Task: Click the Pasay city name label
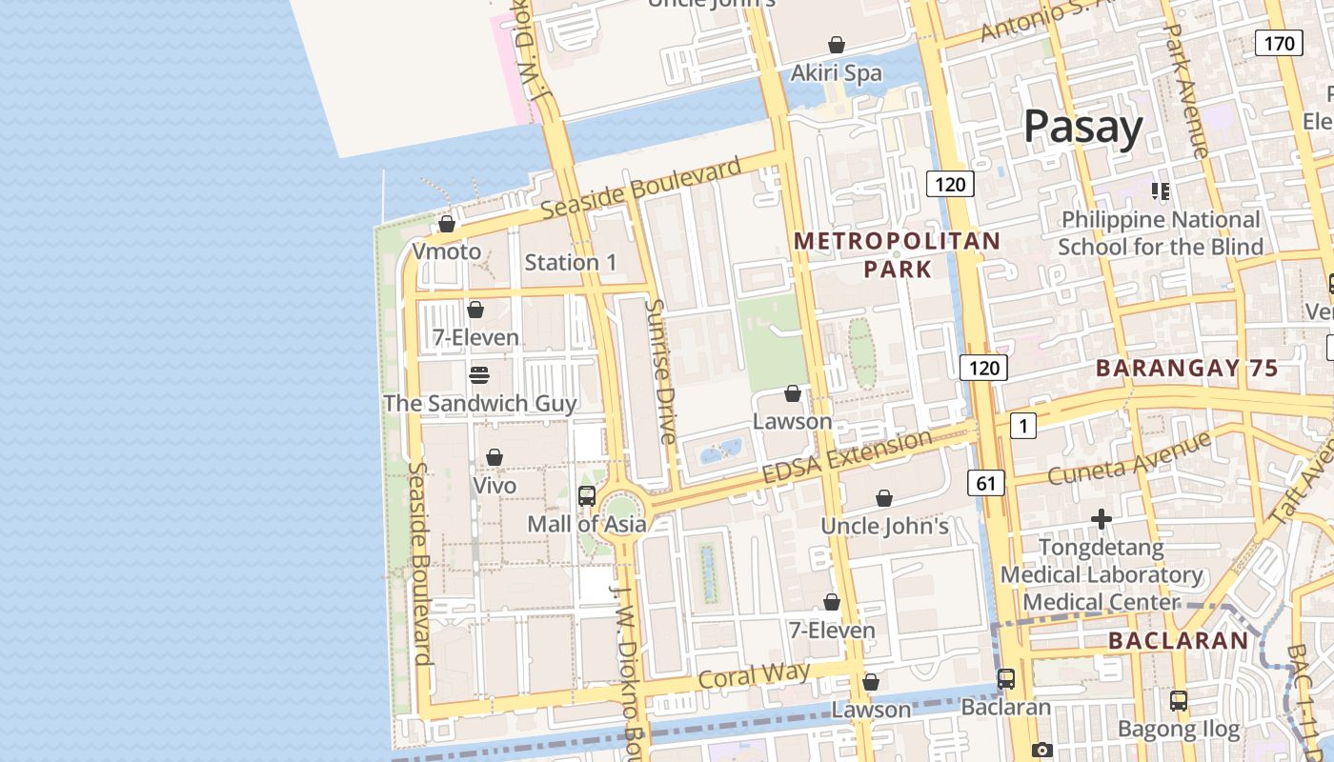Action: tap(1083, 128)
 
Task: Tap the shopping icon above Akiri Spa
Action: tap(837, 45)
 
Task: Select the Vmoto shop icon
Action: tap(446, 224)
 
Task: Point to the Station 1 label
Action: tap(571, 262)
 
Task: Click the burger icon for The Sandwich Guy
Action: tap(479, 375)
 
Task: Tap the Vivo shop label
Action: tap(495, 486)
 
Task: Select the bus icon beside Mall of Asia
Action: tap(587, 495)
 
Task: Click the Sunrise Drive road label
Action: tap(660, 371)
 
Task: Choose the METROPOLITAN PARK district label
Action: tap(897, 254)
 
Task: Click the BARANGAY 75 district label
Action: tap(1186, 369)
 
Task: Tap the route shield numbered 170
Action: tap(1279, 43)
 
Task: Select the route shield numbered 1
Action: tap(1022, 426)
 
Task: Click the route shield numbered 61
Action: tap(985, 483)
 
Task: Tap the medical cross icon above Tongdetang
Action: tap(1102, 519)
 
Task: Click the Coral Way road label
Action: tap(754, 675)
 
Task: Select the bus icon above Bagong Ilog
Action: tap(1179, 701)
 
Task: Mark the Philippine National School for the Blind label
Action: tap(1160, 232)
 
